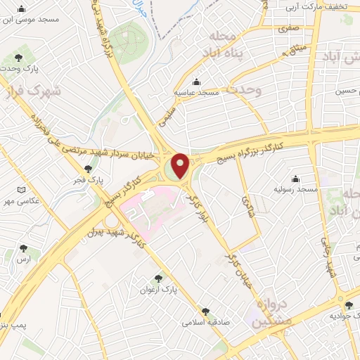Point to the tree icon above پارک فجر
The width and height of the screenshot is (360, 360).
pos(88,169)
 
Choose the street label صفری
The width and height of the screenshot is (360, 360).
pos(288,30)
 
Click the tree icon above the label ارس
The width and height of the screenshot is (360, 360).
pos(24,248)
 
